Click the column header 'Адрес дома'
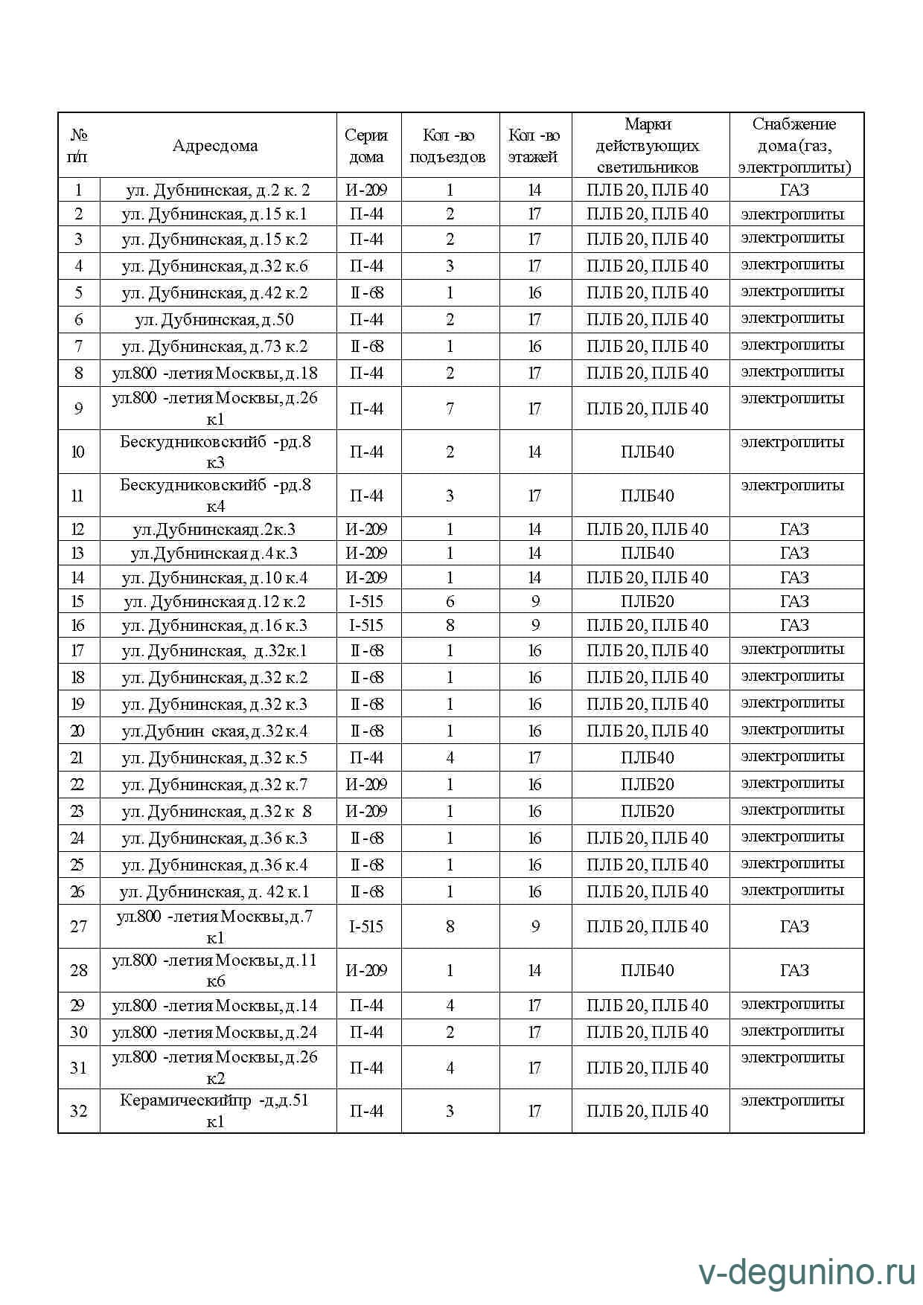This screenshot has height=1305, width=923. (x=215, y=146)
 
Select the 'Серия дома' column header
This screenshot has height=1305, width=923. (x=366, y=146)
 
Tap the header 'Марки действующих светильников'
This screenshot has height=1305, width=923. (x=648, y=146)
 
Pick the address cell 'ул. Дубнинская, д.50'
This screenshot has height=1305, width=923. (x=214, y=320)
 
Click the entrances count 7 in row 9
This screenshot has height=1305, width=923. (x=450, y=408)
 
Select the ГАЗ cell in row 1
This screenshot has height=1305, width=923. (x=794, y=190)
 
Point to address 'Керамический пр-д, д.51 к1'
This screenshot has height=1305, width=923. (x=214, y=1111)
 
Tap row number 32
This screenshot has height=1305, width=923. (x=78, y=1111)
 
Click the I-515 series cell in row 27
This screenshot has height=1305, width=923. (x=366, y=926)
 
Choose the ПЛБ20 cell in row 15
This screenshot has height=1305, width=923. (x=648, y=601)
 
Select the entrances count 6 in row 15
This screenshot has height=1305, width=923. (x=450, y=601)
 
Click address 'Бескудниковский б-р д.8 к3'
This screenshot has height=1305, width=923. (x=215, y=452)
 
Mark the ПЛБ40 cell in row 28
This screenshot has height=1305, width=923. (x=648, y=970)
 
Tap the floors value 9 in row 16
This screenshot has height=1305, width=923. (x=534, y=625)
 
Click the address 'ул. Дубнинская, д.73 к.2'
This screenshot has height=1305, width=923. (x=214, y=347)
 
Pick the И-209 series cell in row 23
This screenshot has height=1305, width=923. (x=366, y=811)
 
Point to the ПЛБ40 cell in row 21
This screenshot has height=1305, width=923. (x=648, y=757)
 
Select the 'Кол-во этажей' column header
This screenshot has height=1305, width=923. (x=534, y=146)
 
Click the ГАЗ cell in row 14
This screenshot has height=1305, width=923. (x=794, y=577)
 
